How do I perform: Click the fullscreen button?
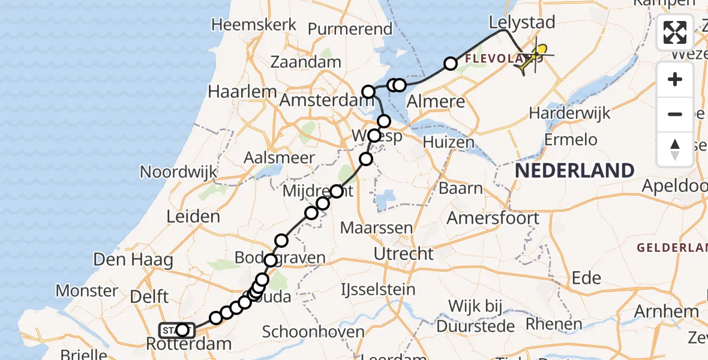click(675, 32)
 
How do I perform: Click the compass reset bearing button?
click(675, 149)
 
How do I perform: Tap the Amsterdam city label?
click(323, 100)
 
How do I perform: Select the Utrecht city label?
click(403, 254)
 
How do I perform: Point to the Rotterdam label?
click(189, 344)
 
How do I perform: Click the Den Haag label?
click(133, 260)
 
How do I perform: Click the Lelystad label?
click(521, 23)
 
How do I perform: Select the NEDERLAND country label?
click(574, 170)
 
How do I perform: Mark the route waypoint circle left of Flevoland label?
click(450, 64)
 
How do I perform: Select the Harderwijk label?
click(569, 113)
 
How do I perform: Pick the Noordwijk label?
click(178, 172)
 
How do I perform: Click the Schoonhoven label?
click(313, 332)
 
